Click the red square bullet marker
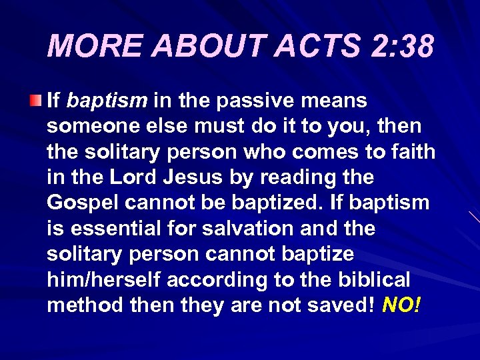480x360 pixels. (37, 101)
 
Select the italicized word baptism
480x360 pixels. (107, 101)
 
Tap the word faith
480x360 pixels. (411, 152)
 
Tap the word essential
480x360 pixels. (112, 229)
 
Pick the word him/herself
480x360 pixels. (104, 280)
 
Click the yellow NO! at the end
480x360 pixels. (402, 305)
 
